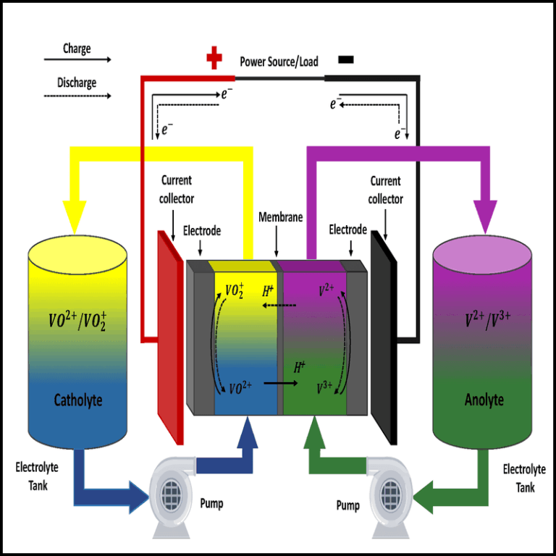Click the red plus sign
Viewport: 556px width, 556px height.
(214, 59)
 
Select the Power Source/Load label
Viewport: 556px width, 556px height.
(279, 62)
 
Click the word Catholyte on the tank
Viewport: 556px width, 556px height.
(77, 400)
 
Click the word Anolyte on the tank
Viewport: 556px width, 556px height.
(483, 400)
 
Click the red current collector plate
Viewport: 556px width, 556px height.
(170, 337)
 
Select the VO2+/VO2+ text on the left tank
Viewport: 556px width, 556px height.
(77, 319)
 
